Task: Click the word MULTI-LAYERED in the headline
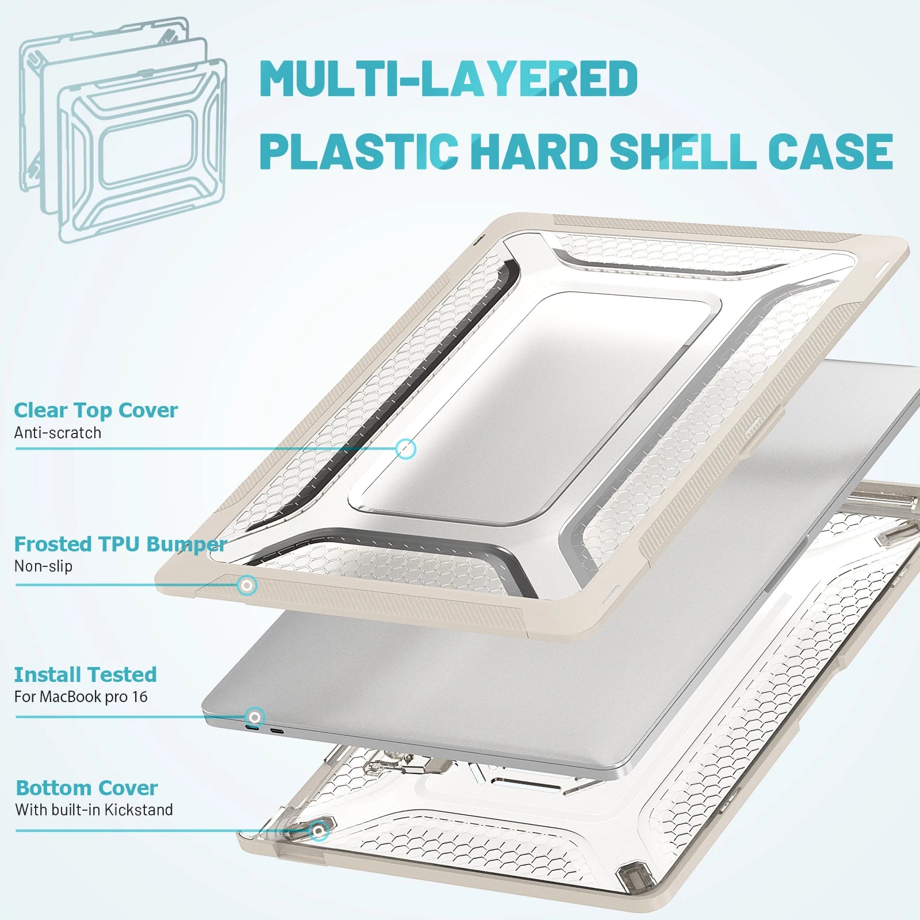(x=448, y=78)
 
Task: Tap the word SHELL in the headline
(x=683, y=151)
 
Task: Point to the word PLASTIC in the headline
(x=359, y=151)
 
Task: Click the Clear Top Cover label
(x=95, y=410)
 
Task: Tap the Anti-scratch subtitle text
(x=57, y=432)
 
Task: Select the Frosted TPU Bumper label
(x=120, y=544)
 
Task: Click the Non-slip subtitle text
(x=43, y=566)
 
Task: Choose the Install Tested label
(x=85, y=674)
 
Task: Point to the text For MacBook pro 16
(x=81, y=697)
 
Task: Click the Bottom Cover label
(x=86, y=788)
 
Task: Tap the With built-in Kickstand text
(x=94, y=810)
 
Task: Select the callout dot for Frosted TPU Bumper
(x=247, y=586)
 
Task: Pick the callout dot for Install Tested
(x=255, y=717)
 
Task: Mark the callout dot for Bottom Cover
(x=319, y=831)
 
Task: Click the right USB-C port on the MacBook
(x=277, y=732)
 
